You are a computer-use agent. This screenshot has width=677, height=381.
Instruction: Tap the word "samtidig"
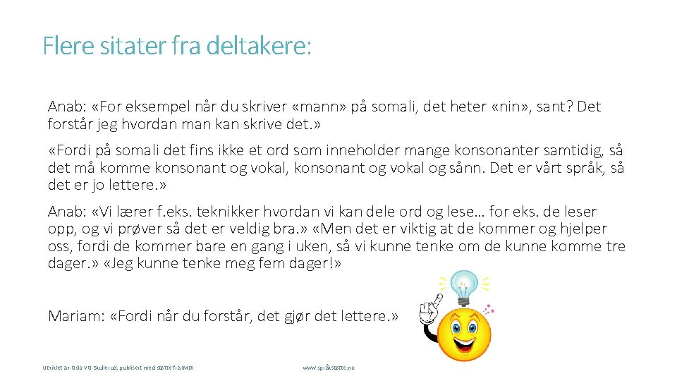point(576,150)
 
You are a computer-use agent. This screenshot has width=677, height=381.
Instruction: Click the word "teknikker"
point(233,212)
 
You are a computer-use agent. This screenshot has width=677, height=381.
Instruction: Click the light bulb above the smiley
point(465,285)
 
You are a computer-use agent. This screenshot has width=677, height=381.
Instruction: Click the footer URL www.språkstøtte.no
point(329,368)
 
